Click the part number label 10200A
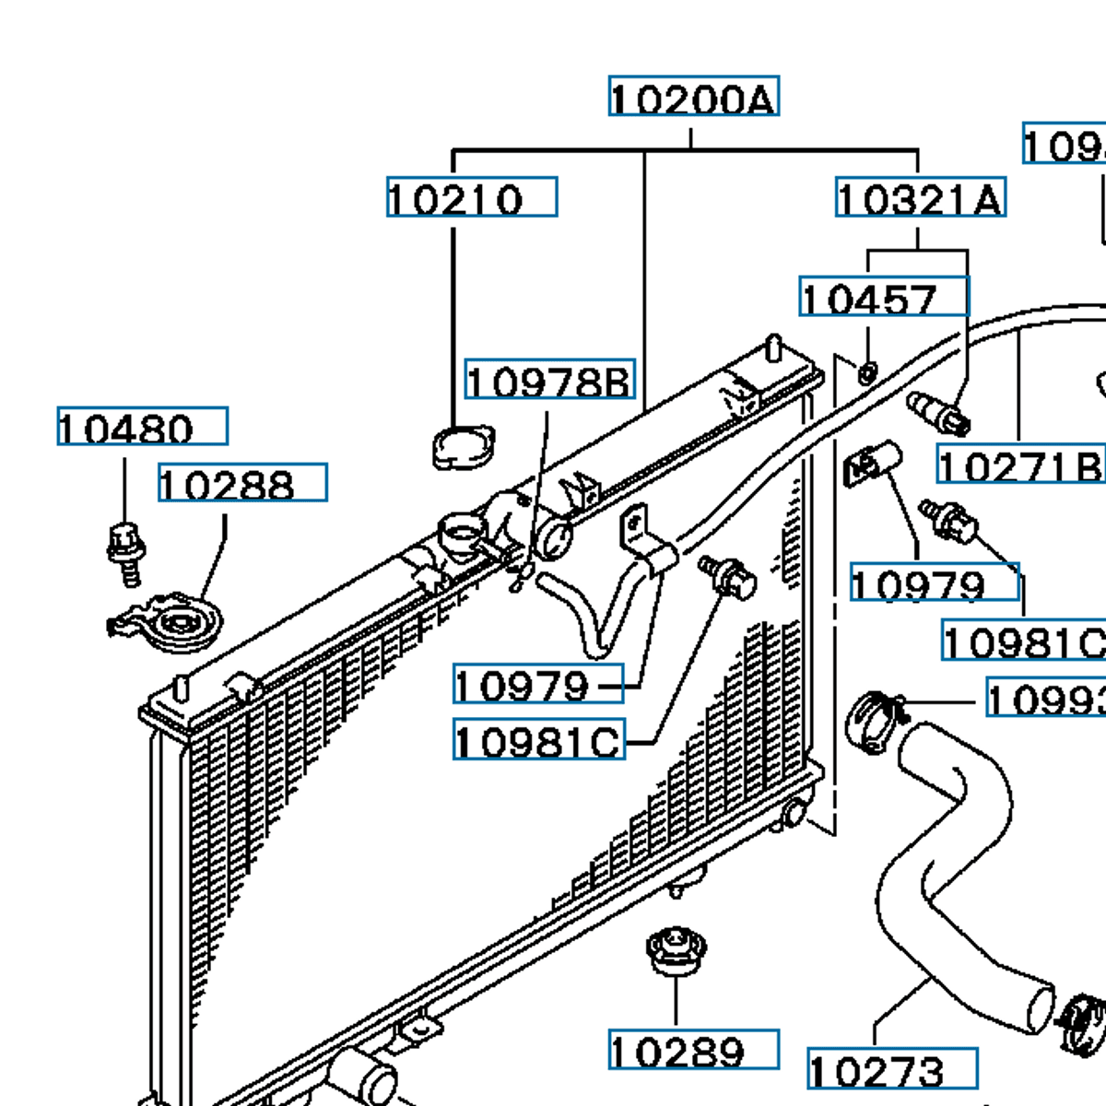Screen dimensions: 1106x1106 [693, 97]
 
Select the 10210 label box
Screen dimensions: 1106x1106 [471, 197]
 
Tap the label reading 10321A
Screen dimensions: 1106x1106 [920, 198]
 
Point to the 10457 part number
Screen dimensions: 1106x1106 [883, 297]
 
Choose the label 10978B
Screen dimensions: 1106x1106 [549, 379]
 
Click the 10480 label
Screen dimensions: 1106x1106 [142, 427]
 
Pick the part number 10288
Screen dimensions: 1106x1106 [242, 483]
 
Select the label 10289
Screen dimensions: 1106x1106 [693, 1050]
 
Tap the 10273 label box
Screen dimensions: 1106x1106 [891, 1069]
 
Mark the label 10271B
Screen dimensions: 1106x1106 [1020, 465]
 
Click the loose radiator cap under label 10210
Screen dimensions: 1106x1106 [463, 447]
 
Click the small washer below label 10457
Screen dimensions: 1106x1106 [867, 373]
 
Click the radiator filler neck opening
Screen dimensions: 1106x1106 [462, 532]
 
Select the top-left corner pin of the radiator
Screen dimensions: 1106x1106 [182, 688]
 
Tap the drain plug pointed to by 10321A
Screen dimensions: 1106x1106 [938, 413]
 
